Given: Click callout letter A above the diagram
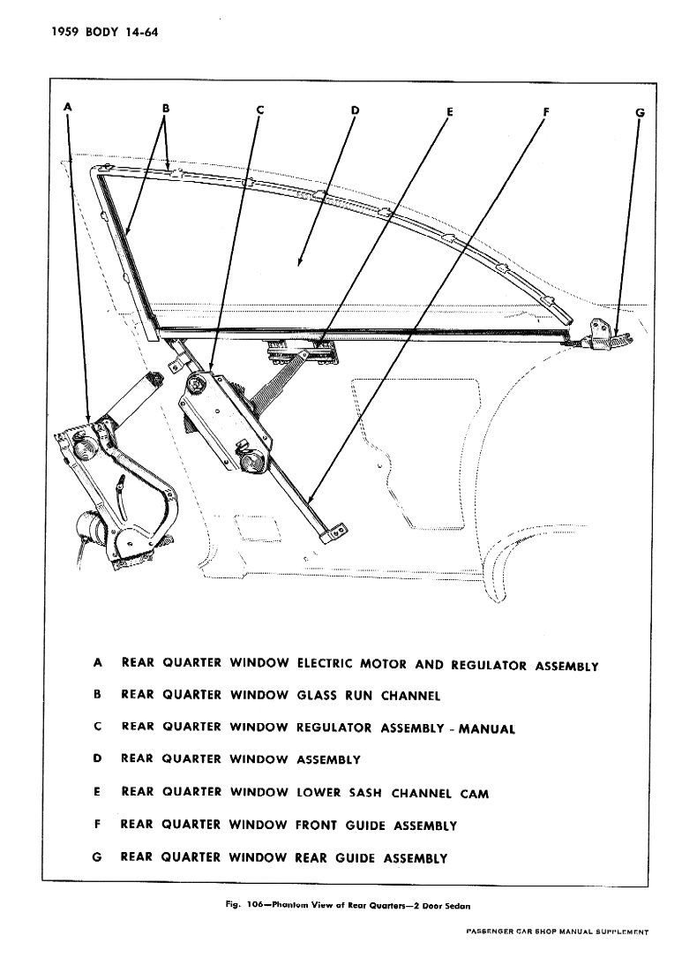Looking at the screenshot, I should point(68,108).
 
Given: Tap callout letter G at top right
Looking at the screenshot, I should point(640,112).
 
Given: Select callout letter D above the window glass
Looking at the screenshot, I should point(355,110).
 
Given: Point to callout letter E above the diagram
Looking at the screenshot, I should point(449,112).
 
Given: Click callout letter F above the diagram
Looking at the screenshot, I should point(546,111).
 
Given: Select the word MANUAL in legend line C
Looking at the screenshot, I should point(486,729).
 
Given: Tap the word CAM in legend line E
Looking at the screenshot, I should point(475,793).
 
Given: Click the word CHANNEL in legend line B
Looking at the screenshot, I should point(410,696).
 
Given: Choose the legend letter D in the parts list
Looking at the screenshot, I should point(98,758).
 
